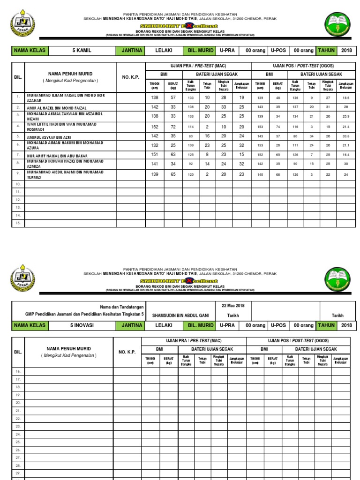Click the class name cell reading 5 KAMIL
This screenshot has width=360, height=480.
tap(81, 51)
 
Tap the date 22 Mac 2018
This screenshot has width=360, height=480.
tap(226, 306)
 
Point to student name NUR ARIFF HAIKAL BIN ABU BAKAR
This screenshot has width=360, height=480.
tap(57, 155)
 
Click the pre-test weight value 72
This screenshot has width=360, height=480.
tap(173, 127)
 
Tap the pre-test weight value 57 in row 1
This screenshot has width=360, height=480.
tap(173, 97)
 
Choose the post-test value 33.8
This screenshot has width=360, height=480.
tap(346, 136)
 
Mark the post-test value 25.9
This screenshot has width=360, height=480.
tap(346, 116)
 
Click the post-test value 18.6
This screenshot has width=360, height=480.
tap(346, 98)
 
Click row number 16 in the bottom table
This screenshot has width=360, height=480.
tap(18, 371)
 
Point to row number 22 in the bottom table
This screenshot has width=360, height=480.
tap(18, 419)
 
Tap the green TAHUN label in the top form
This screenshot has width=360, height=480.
tap(326, 51)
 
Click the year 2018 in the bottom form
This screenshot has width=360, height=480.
tap(347, 325)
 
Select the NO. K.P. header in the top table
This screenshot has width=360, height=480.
tap(131, 77)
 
